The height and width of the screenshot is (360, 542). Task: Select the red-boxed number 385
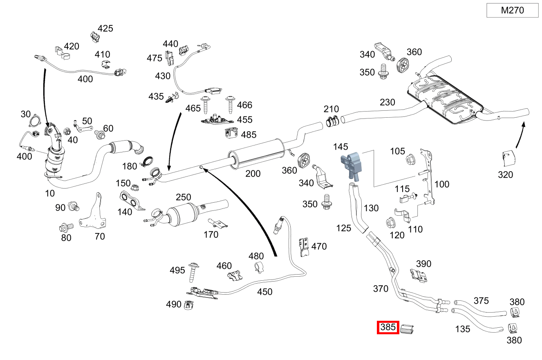(388, 327)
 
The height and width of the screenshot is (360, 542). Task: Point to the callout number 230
(387, 102)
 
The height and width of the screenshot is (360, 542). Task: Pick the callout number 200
(253, 174)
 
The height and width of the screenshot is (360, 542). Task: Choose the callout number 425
(105, 29)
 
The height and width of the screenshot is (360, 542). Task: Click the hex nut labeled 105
(410, 159)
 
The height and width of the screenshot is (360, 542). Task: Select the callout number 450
(264, 292)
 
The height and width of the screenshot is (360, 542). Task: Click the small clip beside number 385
(407, 328)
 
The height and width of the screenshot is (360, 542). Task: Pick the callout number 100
(441, 184)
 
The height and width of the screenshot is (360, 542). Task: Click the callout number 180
(130, 166)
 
